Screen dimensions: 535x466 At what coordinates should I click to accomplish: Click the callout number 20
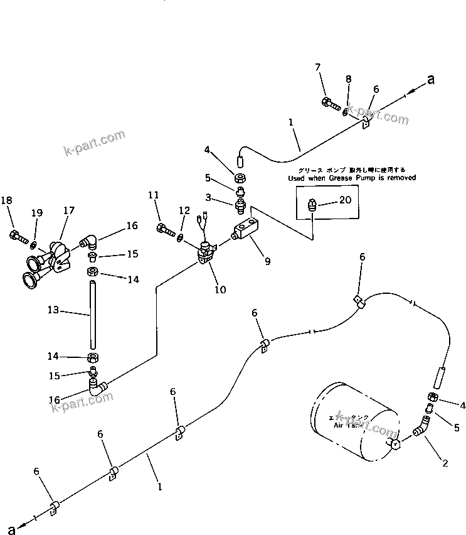pyautogui.click(x=346, y=200)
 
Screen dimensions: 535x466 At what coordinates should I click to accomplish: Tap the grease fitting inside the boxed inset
pyautogui.click(x=314, y=203)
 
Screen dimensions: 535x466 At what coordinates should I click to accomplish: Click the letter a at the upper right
pyautogui.click(x=430, y=79)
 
